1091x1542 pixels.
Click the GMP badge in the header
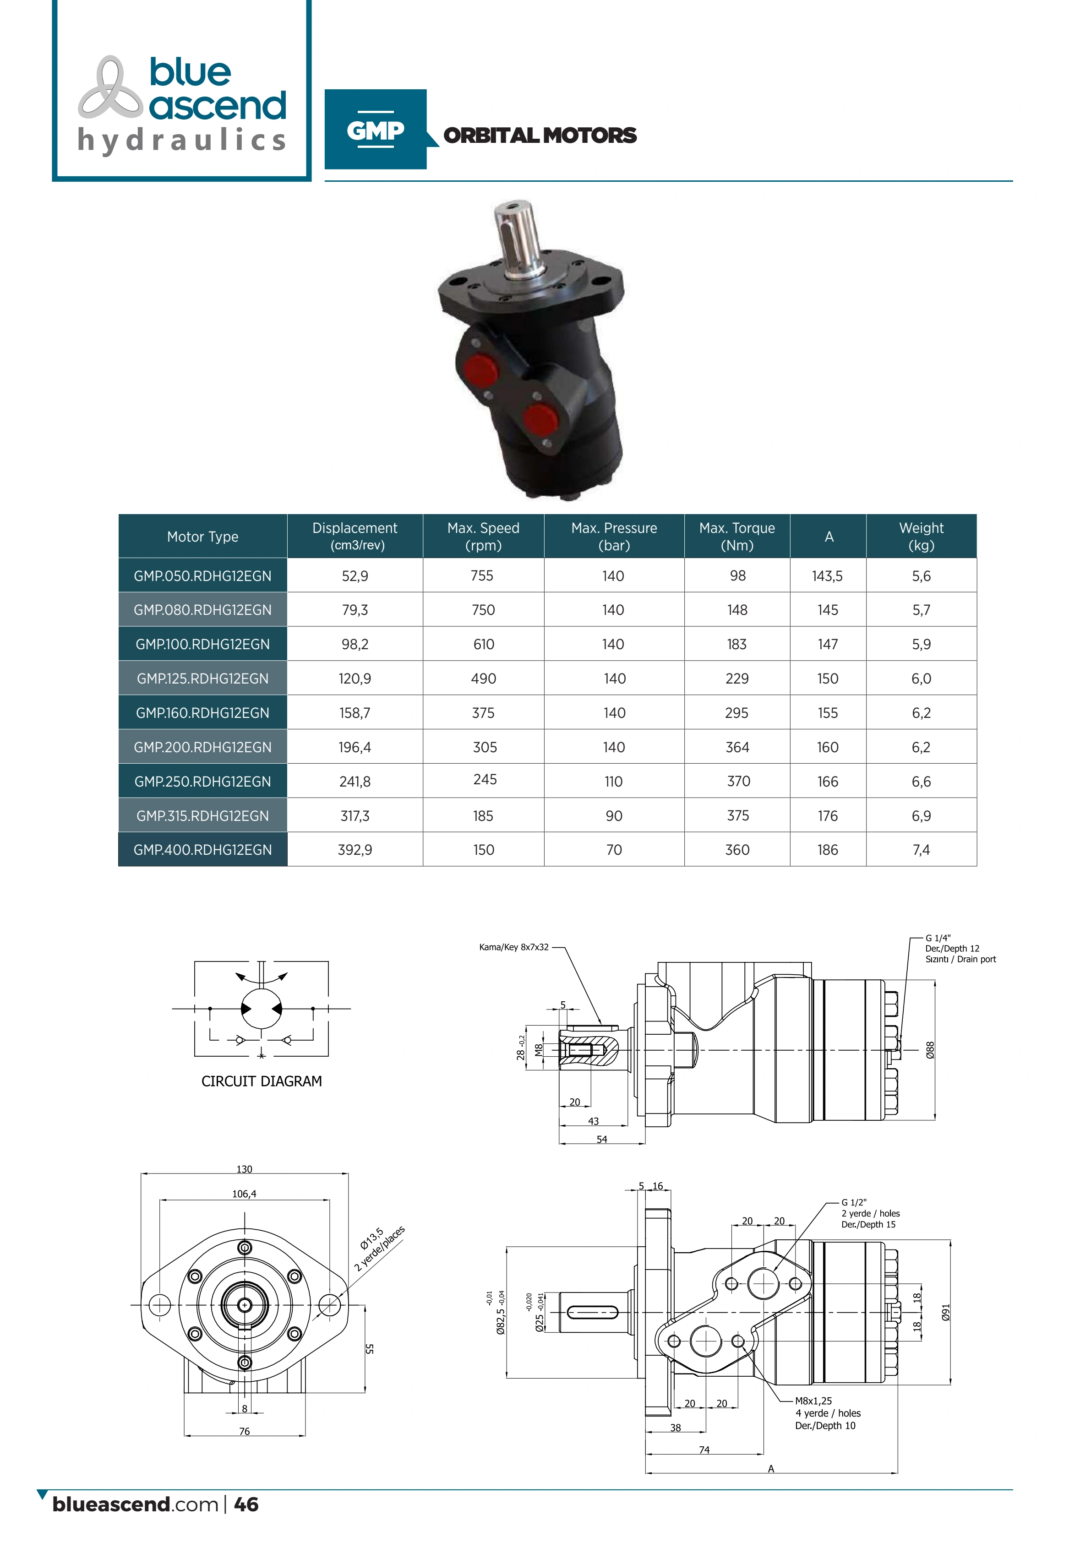pos(376,129)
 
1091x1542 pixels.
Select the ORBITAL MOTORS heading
pos(540,136)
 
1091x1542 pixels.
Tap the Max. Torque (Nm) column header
pos(737,536)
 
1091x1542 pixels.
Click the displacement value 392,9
pos(355,850)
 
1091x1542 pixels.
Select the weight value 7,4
pos(921,850)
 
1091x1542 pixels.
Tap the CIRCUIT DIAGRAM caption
pos(262,1081)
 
